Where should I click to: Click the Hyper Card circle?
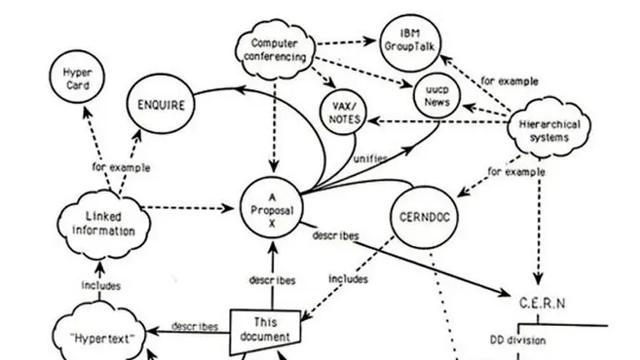(x=77, y=80)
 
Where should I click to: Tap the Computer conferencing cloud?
(x=274, y=51)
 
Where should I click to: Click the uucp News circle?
(x=436, y=94)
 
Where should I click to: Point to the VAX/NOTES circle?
(x=344, y=112)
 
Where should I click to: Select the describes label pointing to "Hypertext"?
(x=194, y=327)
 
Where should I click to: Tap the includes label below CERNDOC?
(x=348, y=279)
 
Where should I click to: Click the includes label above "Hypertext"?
(x=101, y=286)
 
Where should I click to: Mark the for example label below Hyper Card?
(x=121, y=167)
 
